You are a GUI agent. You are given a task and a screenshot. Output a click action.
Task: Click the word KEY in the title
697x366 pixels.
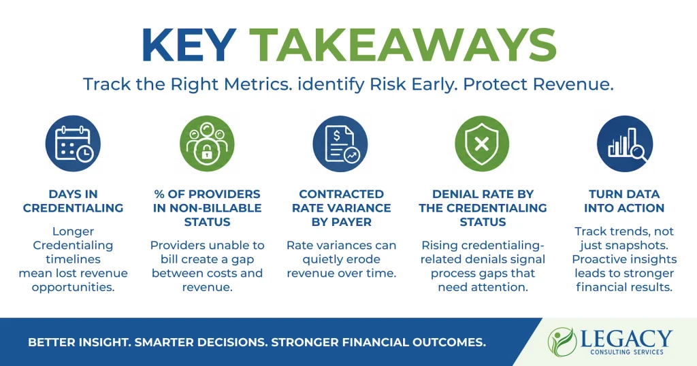pyautogui.click(x=188, y=45)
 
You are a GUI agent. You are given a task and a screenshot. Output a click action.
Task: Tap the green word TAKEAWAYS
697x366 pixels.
pyautogui.click(x=402, y=45)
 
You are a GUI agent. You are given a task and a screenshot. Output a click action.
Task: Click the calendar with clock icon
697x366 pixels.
pyautogui.click(x=74, y=144)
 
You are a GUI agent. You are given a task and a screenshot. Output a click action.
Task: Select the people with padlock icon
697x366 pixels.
pyautogui.click(x=207, y=144)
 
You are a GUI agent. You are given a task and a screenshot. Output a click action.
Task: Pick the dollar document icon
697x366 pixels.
pyautogui.click(x=340, y=144)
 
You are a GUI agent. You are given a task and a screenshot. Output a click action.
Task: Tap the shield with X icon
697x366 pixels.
pyautogui.click(x=483, y=144)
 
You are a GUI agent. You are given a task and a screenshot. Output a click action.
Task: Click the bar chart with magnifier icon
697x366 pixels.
pyautogui.click(x=625, y=144)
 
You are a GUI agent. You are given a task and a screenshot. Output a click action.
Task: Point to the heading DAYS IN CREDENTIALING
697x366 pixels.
pyautogui.click(x=74, y=201)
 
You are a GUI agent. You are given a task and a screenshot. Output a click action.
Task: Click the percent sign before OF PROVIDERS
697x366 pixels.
pyautogui.click(x=159, y=194)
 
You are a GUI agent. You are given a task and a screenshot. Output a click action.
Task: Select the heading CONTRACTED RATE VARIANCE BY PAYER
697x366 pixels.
pyautogui.click(x=342, y=208)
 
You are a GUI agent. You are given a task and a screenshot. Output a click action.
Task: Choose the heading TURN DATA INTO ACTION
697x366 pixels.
pyautogui.click(x=624, y=201)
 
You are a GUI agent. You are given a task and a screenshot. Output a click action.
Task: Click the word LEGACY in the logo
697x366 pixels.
pyautogui.click(x=626, y=339)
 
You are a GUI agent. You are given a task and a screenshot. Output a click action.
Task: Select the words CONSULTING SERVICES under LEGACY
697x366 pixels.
pyautogui.click(x=627, y=352)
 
